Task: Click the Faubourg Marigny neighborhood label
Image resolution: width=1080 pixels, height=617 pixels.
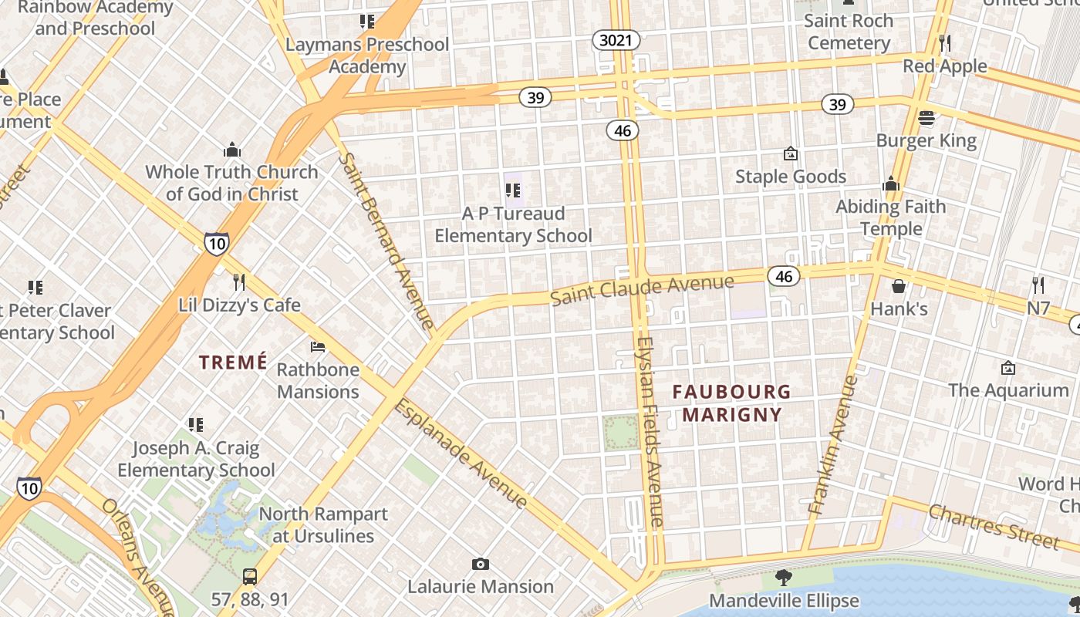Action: [731, 403]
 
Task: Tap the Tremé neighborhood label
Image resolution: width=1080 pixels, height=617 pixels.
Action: [233, 362]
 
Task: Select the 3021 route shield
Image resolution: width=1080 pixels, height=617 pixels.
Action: [616, 40]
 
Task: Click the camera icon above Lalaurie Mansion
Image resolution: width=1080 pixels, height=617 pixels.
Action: [481, 565]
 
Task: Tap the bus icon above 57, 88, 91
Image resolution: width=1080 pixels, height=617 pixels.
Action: [250, 576]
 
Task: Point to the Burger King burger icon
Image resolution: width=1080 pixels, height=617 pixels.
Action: [926, 118]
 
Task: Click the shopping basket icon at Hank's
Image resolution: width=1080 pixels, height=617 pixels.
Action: [899, 287]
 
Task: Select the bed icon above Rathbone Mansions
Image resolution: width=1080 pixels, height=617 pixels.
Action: [318, 347]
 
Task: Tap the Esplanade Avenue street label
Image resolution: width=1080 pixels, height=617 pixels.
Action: [461, 454]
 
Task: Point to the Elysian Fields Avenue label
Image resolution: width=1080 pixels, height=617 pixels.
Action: [652, 432]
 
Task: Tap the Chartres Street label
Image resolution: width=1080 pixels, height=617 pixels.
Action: [993, 526]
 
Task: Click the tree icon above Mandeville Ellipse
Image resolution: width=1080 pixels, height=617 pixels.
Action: [784, 577]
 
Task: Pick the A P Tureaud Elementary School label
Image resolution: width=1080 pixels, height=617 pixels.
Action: [513, 224]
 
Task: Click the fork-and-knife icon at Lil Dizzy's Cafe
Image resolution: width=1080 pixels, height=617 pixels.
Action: [239, 282]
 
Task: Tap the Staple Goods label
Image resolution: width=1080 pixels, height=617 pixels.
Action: [790, 177]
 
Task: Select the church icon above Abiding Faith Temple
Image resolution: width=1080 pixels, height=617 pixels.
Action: [891, 184]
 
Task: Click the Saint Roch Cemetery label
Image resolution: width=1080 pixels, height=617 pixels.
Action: [849, 32]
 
